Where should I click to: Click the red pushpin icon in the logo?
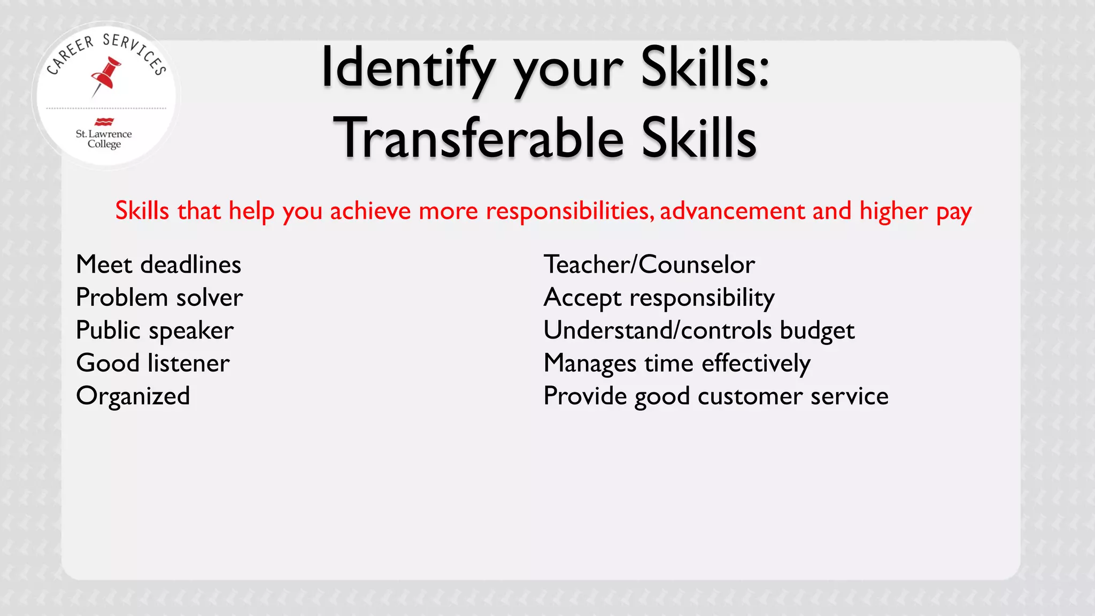point(106,76)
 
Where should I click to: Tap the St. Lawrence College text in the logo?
point(104,138)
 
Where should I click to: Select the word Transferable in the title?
point(479,138)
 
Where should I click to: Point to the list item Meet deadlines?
point(159,265)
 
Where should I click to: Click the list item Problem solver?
point(159,297)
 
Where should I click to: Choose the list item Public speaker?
point(155,330)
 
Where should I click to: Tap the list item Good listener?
point(153,363)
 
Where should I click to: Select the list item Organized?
point(133,396)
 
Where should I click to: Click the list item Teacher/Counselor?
point(649,265)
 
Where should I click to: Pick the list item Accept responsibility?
point(659,297)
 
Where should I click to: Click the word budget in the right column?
point(817,330)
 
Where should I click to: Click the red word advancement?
point(732,211)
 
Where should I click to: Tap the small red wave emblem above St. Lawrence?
point(104,121)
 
